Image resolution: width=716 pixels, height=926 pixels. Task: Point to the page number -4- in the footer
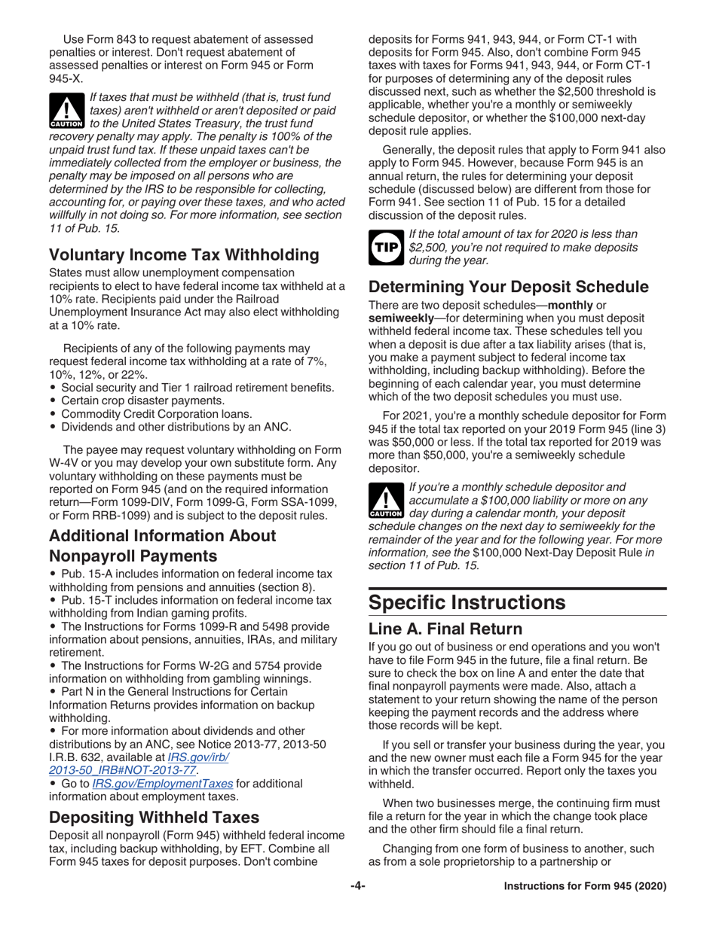point(357,886)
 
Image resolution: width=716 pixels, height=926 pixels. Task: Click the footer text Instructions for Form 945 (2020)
point(585,886)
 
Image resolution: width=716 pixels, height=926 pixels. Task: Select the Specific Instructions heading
point(467,602)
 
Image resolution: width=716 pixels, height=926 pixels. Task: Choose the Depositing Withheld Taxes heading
point(155,817)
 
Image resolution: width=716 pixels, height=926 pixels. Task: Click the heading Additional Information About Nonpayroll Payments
point(162,546)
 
